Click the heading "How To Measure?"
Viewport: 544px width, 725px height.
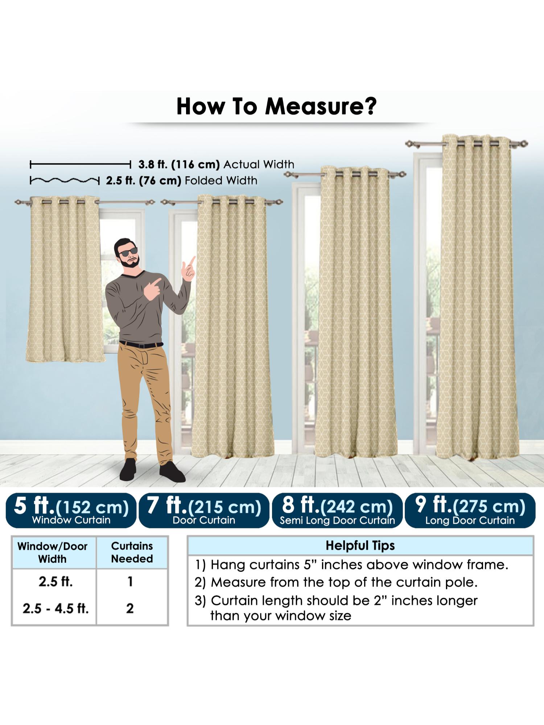click(x=276, y=106)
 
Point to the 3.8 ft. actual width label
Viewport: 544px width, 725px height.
click(x=216, y=165)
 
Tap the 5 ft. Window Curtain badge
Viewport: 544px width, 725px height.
click(x=71, y=510)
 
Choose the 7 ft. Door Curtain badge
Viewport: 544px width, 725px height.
click(x=204, y=510)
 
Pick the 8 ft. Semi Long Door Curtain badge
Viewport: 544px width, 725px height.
click(x=337, y=510)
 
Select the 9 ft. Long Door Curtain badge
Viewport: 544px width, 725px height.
click(x=470, y=510)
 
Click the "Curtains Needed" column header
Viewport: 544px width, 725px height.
click(x=132, y=552)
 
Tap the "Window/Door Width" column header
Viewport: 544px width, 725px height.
click(x=53, y=552)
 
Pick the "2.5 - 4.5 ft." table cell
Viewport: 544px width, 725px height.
click(x=55, y=608)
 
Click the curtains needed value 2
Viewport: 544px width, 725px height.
click(x=130, y=608)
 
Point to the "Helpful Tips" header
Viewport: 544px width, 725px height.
click(x=360, y=545)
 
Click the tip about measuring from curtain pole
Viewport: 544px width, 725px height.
click(x=336, y=582)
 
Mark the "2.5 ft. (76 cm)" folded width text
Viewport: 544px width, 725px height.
click(x=144, y=181)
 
